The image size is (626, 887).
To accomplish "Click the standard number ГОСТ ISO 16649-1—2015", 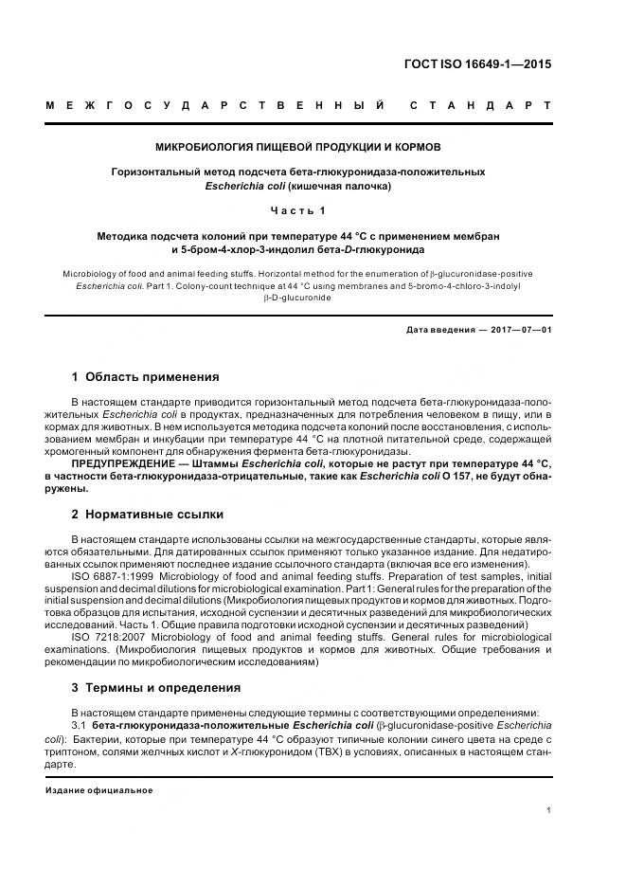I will coord(477,65).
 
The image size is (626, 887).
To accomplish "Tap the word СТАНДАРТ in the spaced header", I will coord(479,105).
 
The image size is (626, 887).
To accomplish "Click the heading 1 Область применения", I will coord(145,377).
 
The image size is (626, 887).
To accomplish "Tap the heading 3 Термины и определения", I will coord(155,688).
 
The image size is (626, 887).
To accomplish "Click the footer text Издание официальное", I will coord(98,790).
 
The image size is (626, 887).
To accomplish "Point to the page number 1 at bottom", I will coord(549,809).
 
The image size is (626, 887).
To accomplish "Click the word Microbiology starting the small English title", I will coord(89,273).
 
